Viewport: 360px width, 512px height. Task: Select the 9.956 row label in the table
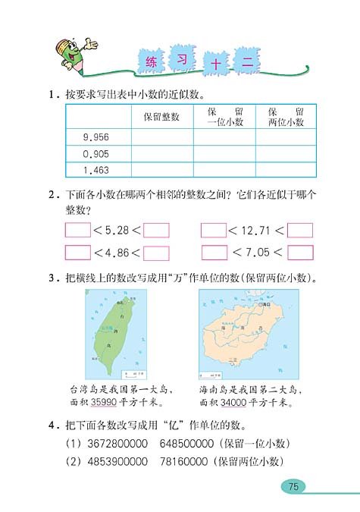pyautogui.click(x=99, y=137)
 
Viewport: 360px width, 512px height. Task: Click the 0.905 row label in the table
pyautogui.click(x=99, y=154)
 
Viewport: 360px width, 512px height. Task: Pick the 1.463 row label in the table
pyautogui.click(x=99, y=171)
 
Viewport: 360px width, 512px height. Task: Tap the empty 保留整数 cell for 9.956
pyautogui.click(x=161, y=137)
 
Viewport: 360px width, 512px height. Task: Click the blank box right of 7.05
pyautogui.click(x=300, y=253)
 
